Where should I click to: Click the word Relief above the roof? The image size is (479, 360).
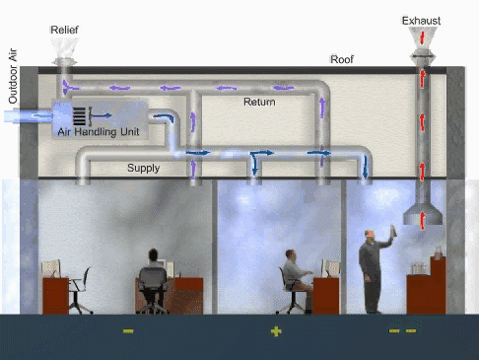pyautogui.click(x=65, y=31)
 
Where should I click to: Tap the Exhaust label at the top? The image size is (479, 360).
pyautogui.click(x=421, y=20)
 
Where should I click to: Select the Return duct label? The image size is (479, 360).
pyautogui.click(x=259, y=102)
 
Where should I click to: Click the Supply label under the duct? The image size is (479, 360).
pyautogui.click(x=144, y=168)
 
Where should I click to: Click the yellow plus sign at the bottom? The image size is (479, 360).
pyautogui.click(x=276, y=331)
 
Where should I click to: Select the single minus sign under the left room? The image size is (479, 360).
pyautogui.click(x=128, y=331)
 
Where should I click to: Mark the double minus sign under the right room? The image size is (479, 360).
pyautogui.click(x=402, y=331)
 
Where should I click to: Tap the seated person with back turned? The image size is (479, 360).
pyautogui.click(x=153, y=271)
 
